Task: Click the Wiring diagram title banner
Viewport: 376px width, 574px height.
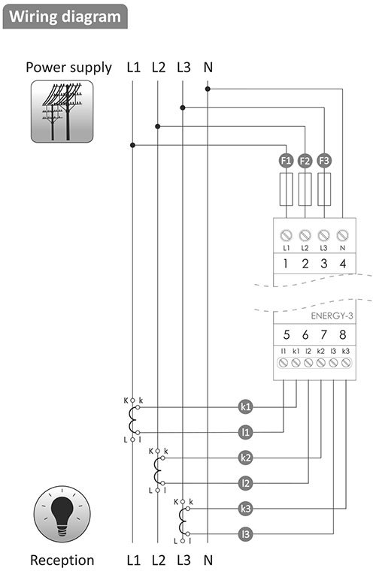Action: [x=65, y=17]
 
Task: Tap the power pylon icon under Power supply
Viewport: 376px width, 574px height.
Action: [x=62, y=111]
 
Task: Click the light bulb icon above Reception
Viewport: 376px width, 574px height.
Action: [x=62, y=515]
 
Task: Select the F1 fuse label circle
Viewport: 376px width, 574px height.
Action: [x=286, y=161]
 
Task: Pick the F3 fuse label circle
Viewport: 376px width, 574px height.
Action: [x=324, y=161]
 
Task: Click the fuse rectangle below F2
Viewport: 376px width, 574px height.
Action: [x=305, y=189]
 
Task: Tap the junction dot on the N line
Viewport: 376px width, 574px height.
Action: [x=208, y=89]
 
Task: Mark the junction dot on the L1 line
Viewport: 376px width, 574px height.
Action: [x=132, y=145]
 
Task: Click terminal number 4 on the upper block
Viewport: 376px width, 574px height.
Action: [x=343, y=264]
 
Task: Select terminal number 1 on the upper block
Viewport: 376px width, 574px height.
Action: [x=286, y=264]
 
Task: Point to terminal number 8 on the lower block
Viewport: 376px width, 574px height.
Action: [x=343, y=334]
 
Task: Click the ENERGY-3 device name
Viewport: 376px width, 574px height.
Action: [x=332, y=316]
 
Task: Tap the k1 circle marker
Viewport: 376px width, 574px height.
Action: [x=246, y=406]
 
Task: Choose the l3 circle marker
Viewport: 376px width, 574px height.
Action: [x=246, y=534]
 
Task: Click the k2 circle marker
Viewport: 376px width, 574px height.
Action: [x=246, y=458]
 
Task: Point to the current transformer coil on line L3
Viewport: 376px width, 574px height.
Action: [x=182, y=521]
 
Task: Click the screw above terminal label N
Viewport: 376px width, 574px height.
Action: [x=342, y=235]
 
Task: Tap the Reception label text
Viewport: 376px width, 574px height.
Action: [x=62, y=560]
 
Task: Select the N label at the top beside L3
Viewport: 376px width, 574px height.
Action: [x=208, y=68]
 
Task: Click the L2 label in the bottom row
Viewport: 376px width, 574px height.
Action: [x=159, y=560]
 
